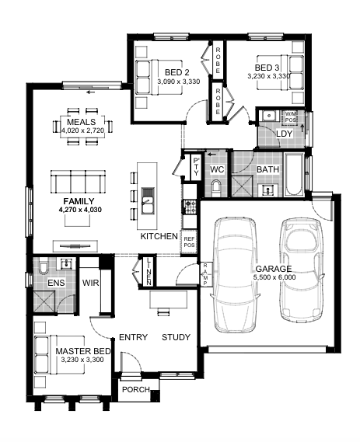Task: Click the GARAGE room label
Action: click(x=273, y=269)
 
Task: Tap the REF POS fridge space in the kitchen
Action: click(x=189, y=242)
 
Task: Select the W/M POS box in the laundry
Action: click(x=290, y=117)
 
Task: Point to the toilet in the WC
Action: click(x=216, y=188)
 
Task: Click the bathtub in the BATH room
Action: click(x=294, y=175)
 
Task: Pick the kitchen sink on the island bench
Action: click(x=147, y=200)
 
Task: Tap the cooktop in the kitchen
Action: click(x=189, y=207)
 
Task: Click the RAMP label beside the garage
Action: click(x=205, y=274)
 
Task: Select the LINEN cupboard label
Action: click(x=149, y=271)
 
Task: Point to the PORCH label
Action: click(x=136, y=390)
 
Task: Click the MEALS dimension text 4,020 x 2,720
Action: click(x=82, y=131)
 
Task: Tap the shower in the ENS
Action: click(x=44, y=301)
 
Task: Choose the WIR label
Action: click(x=90, y=283)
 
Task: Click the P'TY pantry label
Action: click(x=196, y=166)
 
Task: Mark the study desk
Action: click(x=169, y=300)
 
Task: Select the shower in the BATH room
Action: click(x=242, y=186)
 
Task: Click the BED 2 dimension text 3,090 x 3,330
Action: click(x=179, y=82)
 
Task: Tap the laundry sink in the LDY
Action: click(x=269, y=115)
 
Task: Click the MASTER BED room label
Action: click(x=83, y=351)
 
